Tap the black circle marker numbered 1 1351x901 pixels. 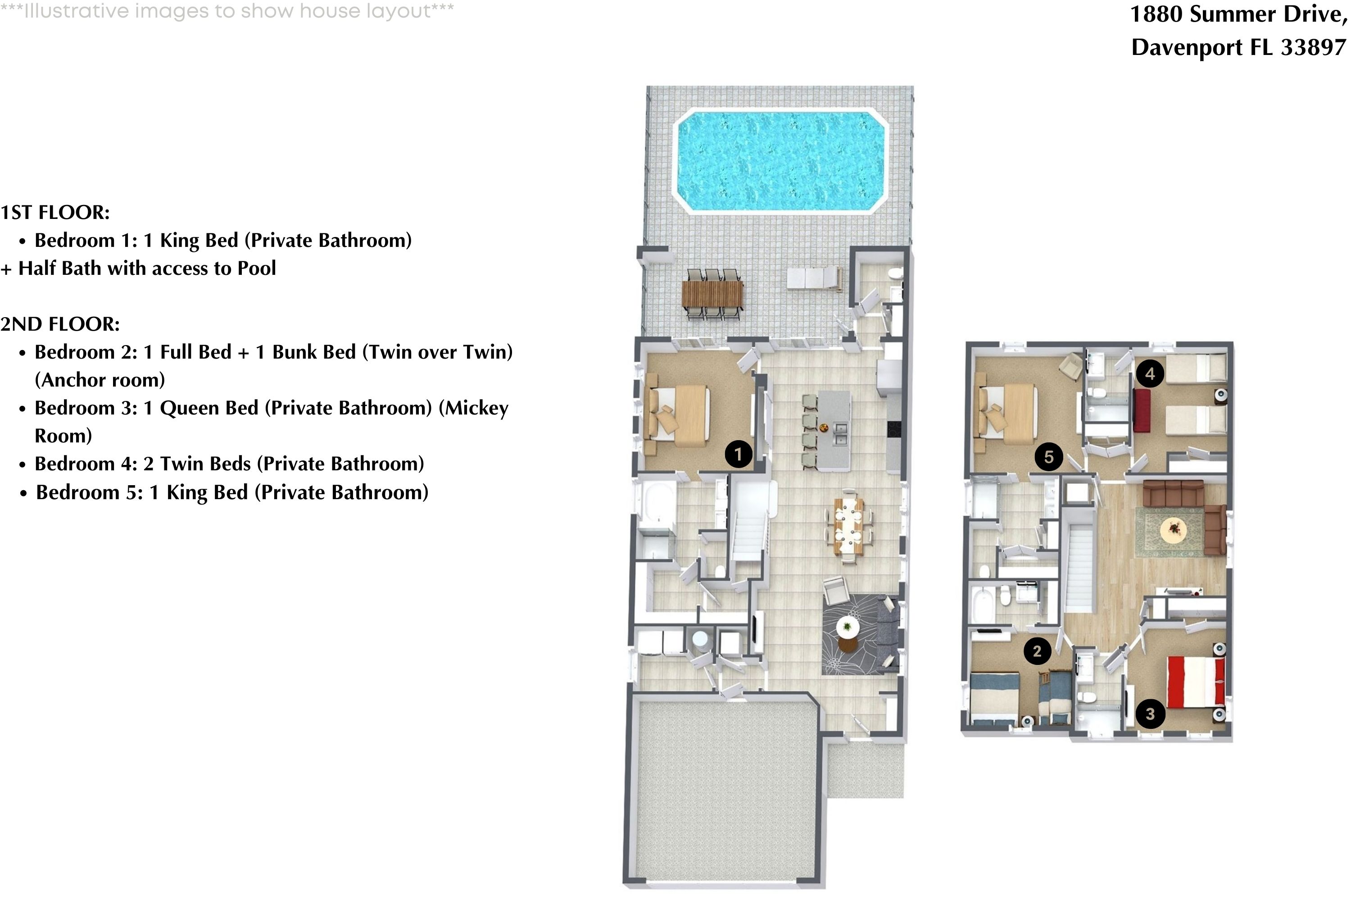coord(738,455)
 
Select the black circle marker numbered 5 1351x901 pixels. coord(1048,457)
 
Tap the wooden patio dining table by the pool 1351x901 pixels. coord(712,293)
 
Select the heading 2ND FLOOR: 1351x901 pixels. coord(60,324)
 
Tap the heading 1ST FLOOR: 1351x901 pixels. coord(55,213)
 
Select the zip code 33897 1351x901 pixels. coord(1314,47)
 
